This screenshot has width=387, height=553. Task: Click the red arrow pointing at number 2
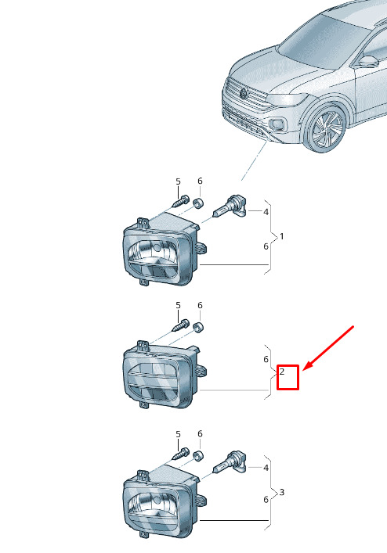[328, 348]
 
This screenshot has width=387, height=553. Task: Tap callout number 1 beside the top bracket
[282, 236]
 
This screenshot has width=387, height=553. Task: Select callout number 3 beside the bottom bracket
[282, 492]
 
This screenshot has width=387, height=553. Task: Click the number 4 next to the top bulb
[266, 212]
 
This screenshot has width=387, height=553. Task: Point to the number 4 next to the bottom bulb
[266, 468]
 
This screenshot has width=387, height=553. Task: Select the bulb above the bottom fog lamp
[230, 462]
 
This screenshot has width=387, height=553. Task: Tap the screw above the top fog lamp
[181, 201]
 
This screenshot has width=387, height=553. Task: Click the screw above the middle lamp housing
[181, 325]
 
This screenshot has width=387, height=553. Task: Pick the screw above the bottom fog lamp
[181, 454]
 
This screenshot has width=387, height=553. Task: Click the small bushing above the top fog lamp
[198, 203]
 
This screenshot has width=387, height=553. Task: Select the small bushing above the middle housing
[198, 327]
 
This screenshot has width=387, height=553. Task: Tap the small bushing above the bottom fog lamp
[198, 456]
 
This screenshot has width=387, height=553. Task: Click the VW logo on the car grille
[244, 94]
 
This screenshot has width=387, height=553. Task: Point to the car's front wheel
[327, 129]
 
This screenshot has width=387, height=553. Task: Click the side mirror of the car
[369, 61]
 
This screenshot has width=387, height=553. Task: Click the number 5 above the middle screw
[178, 305]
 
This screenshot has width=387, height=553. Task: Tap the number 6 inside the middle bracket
[266, 359]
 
